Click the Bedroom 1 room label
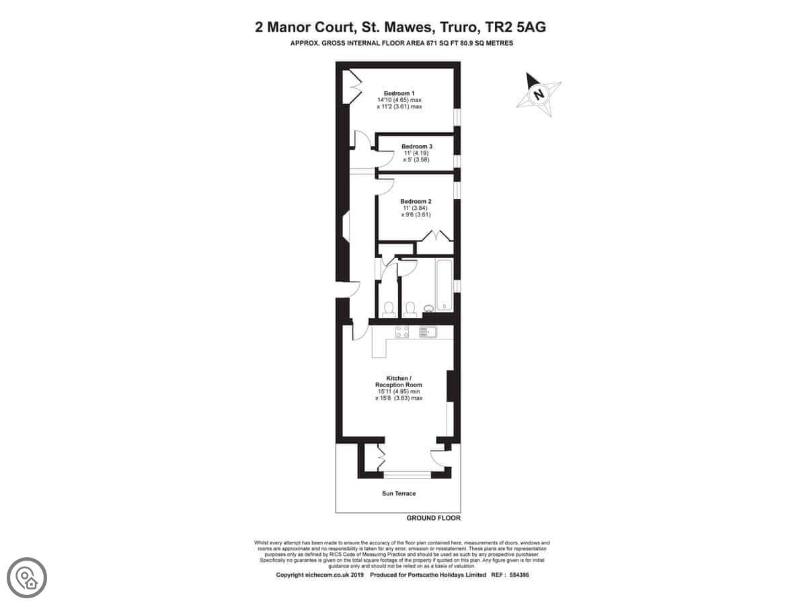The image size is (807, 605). pyautogui.click(x=399, y=93)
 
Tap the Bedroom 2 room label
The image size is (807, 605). pyautogui.click(x=416, y=201)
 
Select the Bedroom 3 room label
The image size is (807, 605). pyautogui.click(x=416, y=146)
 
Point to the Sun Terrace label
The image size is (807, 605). pyautogui.click(x=399, y=493)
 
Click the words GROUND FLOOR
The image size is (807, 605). pyautogui.click(x=434, y=518)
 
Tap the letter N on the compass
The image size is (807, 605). pyautogui.click(x=539, y=95)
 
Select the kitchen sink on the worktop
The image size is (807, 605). pyautogui.click(x=428, y=333)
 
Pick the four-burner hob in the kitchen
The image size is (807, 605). pyautogui.click(x=402, y=332)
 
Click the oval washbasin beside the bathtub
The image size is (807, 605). pyautogui.click(x=428, y=308)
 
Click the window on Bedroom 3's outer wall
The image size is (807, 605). pyautogui.click(x=457, y=161)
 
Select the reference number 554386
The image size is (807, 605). pyautogui.click(x=518, y=575)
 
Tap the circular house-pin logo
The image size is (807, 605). pyautogui.click(x=27, y=577)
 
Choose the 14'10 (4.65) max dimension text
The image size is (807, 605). pyautogui.click(x=399, y=100)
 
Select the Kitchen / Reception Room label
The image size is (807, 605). pyautogui.click(x=399, y=381)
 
